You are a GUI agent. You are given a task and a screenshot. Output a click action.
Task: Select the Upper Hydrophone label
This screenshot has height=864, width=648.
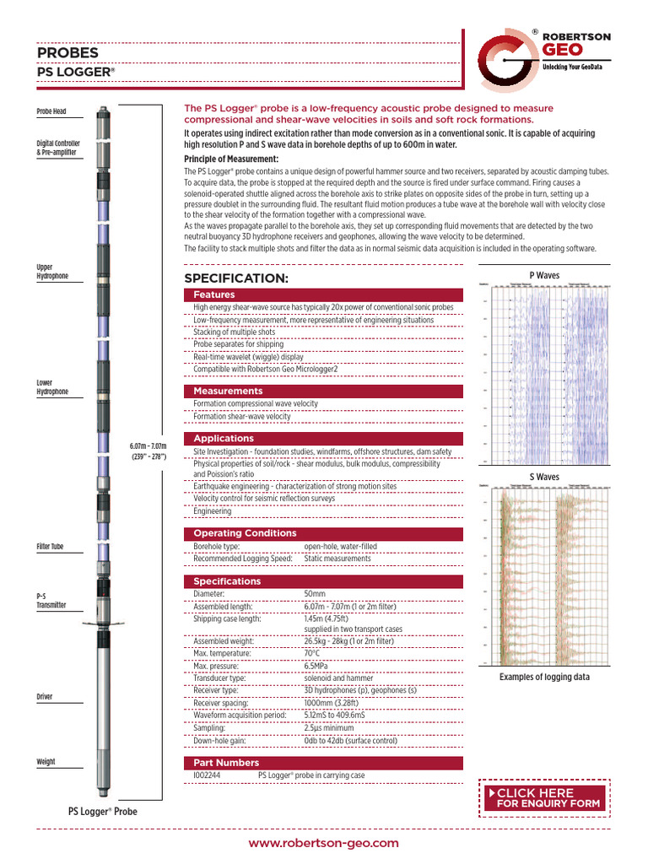51,272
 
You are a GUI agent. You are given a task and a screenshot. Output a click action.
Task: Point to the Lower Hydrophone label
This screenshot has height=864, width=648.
51,387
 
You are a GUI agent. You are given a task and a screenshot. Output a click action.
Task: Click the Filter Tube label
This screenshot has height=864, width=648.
50,547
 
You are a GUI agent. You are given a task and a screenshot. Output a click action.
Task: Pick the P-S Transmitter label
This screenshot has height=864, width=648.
51,600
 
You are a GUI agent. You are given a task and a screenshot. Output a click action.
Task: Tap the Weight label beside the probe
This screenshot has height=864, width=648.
46,761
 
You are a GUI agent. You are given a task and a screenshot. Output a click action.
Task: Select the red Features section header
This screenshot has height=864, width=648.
214,294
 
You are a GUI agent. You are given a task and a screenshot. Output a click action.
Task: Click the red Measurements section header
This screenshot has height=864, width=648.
228,391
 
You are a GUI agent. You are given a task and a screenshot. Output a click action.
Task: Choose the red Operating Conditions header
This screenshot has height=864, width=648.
245,533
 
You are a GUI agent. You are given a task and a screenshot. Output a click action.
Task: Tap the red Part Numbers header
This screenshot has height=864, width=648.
226,763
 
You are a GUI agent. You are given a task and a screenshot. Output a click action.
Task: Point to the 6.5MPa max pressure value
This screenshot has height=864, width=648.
318,667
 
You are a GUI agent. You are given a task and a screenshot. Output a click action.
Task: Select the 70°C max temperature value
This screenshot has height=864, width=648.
312,654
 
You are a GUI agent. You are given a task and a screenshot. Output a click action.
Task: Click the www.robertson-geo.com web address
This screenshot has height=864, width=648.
324,843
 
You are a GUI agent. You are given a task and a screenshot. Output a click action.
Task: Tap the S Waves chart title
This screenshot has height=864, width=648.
543,477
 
